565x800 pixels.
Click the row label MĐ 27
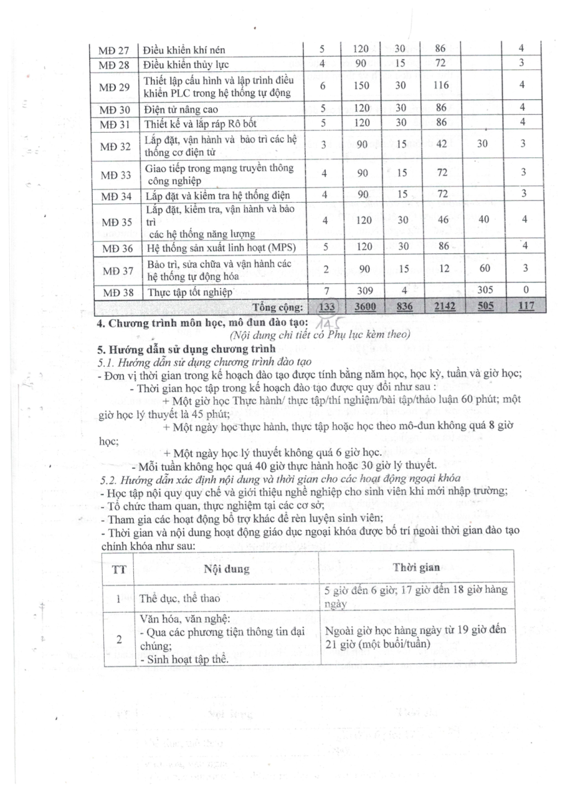click(113, 49)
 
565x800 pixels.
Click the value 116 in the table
click(440, 85)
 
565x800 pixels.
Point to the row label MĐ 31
click(113, 123)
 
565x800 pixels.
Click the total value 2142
click(440, 307)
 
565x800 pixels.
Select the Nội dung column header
click(227, 569)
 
